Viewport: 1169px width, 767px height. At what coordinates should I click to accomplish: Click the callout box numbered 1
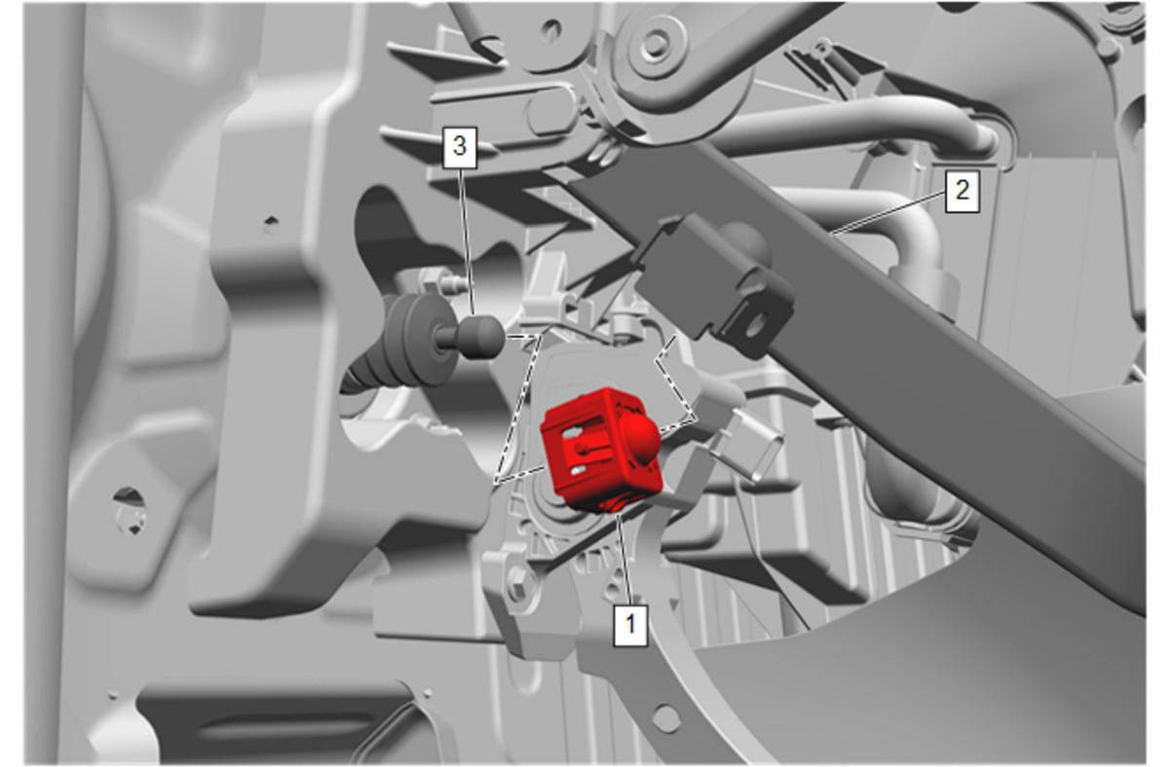(630, 625)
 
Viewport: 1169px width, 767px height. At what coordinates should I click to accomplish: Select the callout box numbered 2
(962, 191)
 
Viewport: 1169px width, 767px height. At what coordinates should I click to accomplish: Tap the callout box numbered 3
(459, 147)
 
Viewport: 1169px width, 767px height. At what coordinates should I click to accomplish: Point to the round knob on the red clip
(641, 434)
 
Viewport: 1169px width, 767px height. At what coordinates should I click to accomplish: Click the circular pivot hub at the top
(654, 45)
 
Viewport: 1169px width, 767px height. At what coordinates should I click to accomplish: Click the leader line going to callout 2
(887, 213)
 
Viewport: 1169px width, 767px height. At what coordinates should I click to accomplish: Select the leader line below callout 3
(467, 242)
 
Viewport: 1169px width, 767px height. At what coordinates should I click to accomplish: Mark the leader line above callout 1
(624, 559)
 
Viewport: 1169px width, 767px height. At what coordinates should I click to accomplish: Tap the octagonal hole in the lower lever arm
(666, 718)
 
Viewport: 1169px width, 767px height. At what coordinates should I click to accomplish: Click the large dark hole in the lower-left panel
(129, 510)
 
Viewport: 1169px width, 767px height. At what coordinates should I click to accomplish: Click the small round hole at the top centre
(551, 31)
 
